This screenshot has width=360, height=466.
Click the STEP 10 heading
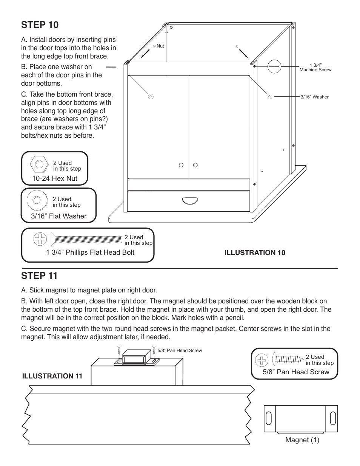click(40, 25)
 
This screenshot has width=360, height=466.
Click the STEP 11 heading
click(40, 276)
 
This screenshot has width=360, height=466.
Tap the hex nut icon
click(39, 165)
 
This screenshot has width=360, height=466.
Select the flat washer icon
click(37, 200)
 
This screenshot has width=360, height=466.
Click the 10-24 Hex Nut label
click(55, 178)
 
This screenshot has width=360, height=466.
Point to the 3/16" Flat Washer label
click(58, 216)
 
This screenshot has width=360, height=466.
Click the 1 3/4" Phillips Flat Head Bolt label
click(90, 252)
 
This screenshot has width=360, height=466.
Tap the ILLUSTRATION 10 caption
click(255, 253)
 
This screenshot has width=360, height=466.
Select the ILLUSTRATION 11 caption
click(52, 376)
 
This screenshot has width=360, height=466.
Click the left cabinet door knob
click(181, 165)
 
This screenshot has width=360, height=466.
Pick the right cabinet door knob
click(195, 165)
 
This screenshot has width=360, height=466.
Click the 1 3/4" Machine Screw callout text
click(315, 68)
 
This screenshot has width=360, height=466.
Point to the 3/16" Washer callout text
click(314, 97)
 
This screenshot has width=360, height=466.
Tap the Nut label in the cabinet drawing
click(160, 46)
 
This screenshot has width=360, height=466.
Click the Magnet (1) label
click(302, 440)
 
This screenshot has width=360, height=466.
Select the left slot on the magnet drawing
click(269, 418)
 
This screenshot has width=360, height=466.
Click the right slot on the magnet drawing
click(333, 418)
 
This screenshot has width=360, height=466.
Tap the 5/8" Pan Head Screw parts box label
click(296, 372)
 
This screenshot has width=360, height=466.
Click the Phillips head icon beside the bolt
click(40, 238)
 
